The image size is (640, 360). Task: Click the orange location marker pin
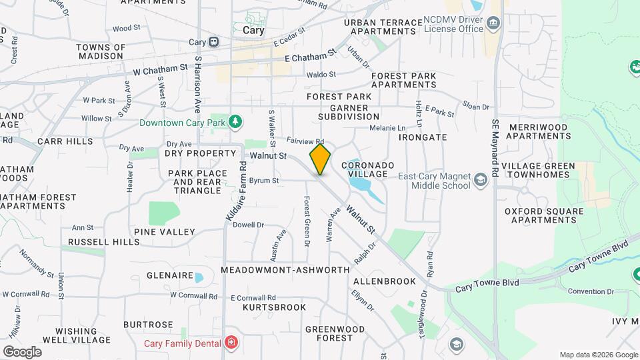click(x=320, y=159)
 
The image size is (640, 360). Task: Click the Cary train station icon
click(x=213, y=41)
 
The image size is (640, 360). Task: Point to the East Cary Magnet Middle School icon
click(x=480, y=180)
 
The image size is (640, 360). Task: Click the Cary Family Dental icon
click(x=231, y=343)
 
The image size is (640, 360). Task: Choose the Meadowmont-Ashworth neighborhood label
click(x=285, y=270)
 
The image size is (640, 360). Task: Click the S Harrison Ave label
click(x=197, y=83)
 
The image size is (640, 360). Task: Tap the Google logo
click(x=22, y=352)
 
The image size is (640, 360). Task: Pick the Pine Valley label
click(x=165, y=232)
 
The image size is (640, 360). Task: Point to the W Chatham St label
click(x=161, y=69)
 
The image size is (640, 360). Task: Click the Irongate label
click(x=423, y=137)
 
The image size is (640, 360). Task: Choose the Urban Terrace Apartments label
click(x=383, y=27)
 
